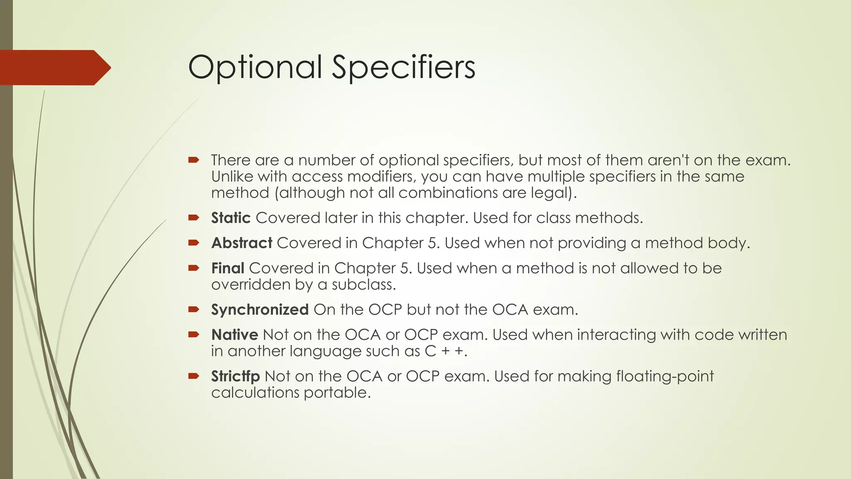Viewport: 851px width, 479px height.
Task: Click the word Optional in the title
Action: [255, 67]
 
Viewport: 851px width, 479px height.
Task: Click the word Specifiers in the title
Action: [403, 67]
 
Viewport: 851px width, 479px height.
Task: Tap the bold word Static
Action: [231, 218]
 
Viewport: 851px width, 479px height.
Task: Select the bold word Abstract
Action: [242, 243]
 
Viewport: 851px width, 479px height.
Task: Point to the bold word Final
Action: [228, 268]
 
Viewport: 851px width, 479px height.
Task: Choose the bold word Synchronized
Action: [260, 310]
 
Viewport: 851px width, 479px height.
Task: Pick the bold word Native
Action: [234, 335]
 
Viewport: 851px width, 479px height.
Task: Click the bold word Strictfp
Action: [235, 376]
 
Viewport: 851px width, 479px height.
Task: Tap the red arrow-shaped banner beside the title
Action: [54, 68]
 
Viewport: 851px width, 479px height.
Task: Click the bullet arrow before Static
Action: [194, 217]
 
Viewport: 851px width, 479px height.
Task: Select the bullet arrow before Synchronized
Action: [194, 309]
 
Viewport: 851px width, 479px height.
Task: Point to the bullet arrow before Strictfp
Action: [194, 376]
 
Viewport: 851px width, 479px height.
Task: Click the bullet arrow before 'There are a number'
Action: [194, 160]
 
